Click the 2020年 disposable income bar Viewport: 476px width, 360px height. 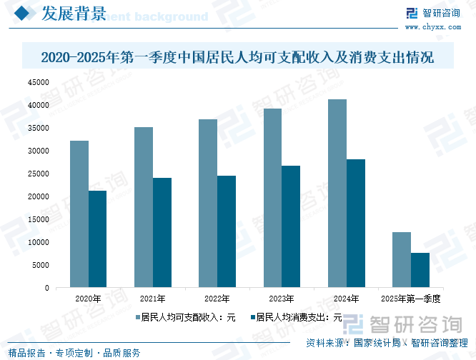tap(79, 214)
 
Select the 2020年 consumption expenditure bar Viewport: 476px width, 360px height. tap(97, 239)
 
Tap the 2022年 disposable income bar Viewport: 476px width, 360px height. tap(207, 204)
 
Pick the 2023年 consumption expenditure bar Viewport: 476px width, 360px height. tap(290, 226)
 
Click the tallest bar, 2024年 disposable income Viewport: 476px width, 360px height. tap(337, 194)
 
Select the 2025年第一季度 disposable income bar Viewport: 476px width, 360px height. tap(401, 260)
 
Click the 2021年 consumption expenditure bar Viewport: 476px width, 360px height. tap(162, 233)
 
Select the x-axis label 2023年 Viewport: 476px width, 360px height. tap(281, 299)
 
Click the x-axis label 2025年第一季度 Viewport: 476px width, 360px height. tap(410, 299)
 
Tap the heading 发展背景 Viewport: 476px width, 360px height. tap(74, 14)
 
